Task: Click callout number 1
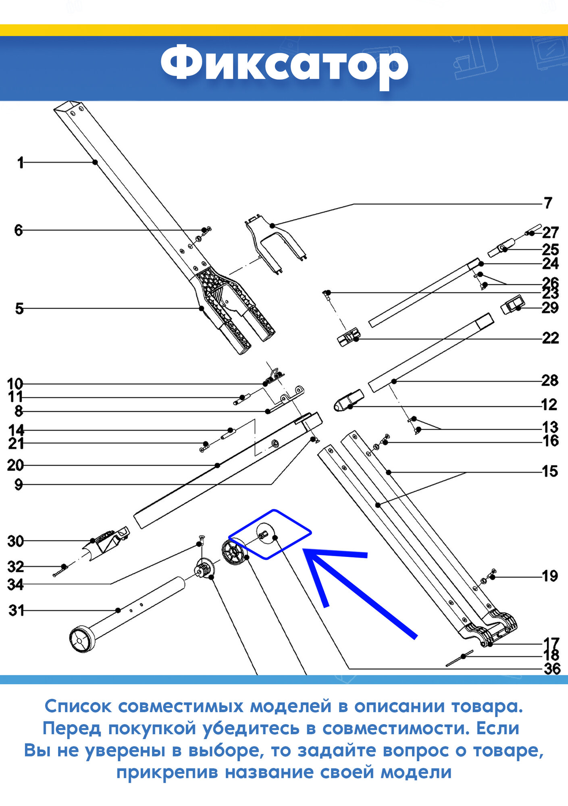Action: pyautogui.click(x=21, y=163)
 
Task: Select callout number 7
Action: pyautogui.click(x=547, y=203)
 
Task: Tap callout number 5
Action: pyautogui.click(x=19, y=309)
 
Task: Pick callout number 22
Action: pyautogui.click(x=550, y=338)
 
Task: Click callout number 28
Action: pyautogui.click(x=549, y=380)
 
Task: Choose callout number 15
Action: pyautogui.click(x=550, y=471)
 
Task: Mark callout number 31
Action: pyautogui.click(x=16, y=610)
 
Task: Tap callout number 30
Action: pyautogui.click(x=15, y=541)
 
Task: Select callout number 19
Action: pyautogui.click(x=550, y=576)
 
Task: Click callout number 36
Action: pyautogui.click(x=552, y=669)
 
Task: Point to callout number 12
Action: pyautogui.click(x=549, y=404)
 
